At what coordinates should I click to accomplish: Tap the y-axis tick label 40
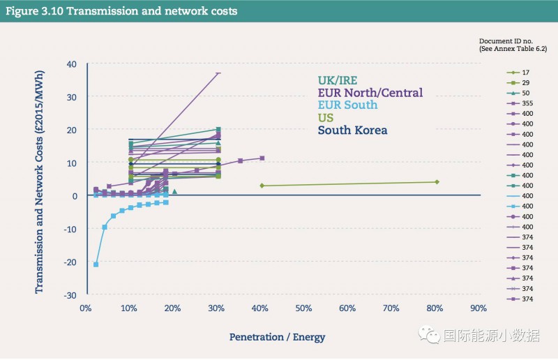pos(72,64)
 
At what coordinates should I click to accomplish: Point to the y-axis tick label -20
pos(70,262)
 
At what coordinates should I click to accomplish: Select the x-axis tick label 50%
pos(303,308)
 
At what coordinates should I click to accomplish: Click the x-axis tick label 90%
pos(478,308)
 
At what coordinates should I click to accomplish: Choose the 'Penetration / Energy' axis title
pos(277,337)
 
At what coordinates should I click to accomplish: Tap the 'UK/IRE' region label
pos(339,80)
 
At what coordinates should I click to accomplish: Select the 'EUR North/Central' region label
pos(370,93)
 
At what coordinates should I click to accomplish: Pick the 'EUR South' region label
pos(347,105)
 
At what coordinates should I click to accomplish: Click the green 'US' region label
pos(325,118)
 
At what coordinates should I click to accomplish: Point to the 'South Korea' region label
pos(352,130)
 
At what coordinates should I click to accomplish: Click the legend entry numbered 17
pos(525,73)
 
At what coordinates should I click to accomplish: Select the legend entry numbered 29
pos(525,82)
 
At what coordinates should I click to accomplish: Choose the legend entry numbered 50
pos(525,93)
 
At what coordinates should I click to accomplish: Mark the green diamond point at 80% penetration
pos(437,182)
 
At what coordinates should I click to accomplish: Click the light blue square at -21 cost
pos(96,264)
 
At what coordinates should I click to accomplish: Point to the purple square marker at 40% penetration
pos(262,158)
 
